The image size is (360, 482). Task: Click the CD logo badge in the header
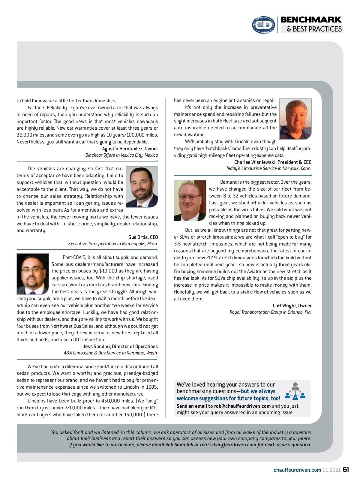[x=263, y=25]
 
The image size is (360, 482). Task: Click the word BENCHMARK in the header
[x=311, y=20]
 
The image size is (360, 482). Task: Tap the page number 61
[x=346, y=469]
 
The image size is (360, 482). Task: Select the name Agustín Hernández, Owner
[x=130, y=149]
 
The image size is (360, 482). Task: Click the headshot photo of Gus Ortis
[x=142, y=187]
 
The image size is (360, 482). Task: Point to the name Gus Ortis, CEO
[x=143, y=237]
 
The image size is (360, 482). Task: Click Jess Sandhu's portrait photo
[x=32, y=274]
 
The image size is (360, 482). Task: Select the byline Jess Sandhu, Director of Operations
[x=120, y=346]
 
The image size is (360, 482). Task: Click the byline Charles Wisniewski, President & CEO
[x=273, y=162]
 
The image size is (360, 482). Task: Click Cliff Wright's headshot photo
[x=190, y=200]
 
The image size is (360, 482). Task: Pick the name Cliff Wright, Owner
[x=292, y=306]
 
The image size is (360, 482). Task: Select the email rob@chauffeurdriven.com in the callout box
[x=242, y=406]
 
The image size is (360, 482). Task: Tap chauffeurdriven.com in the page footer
[x=297, y=470]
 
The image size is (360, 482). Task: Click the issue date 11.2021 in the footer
[x=331, y=470]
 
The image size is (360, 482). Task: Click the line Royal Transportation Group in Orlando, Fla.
[x=270, y=312]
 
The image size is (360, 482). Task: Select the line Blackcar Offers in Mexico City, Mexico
[x=121, y=155]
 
